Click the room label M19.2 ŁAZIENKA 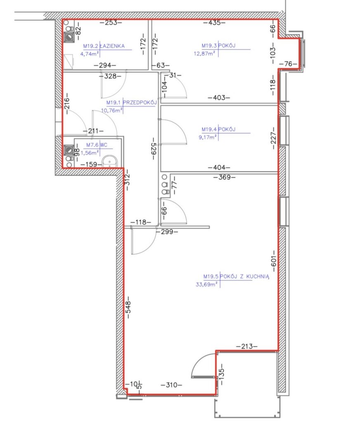coord(104,46)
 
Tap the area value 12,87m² coord(204,53)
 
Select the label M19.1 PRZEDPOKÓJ coord(132,102)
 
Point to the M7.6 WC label coord(97,145)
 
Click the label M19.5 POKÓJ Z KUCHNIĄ coord(236,276)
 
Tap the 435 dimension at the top coord(214,23)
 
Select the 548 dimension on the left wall coord(128,307)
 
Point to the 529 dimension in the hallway coord(154,149)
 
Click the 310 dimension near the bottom coord(171,385)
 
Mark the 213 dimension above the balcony coord(247,346)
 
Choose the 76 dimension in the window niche coord(288,64)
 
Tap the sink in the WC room coord(109,162)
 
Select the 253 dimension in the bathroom coord(111,23)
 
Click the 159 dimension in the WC coord(91,164)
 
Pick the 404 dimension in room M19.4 coord(219,168)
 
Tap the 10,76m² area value coord(112,110)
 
